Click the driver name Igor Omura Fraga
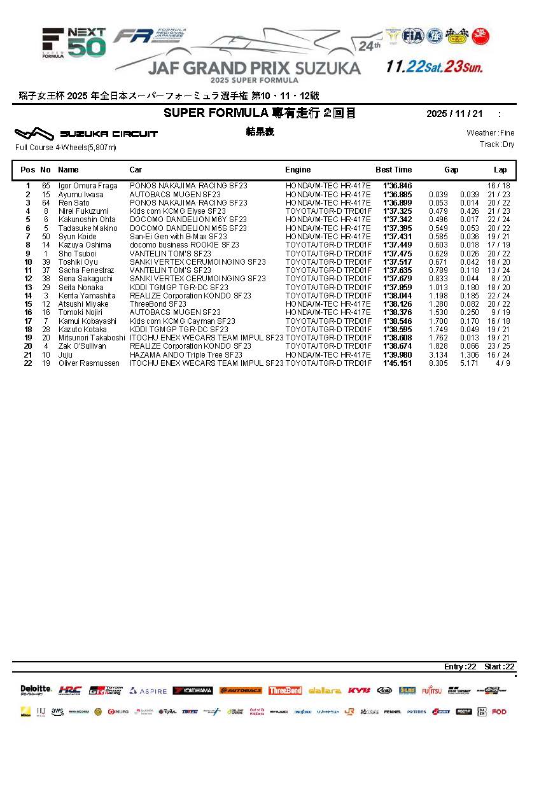click(88, 186)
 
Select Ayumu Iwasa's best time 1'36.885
click(397, 195)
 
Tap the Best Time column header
click(393, 170)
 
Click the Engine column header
click(298, 170)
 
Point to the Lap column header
click(500, 170)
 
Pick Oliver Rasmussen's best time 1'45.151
click(397, 363)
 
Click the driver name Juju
click(65, 355)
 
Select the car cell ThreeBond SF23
click(158, 304)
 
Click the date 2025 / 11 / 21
click(454, 114)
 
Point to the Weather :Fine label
click(490, 133)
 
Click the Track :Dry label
click(497, 144)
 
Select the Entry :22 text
click(460, 667)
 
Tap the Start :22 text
click(500, 667)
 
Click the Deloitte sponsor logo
click(36, 689)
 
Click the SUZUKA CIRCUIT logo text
click(109, 134)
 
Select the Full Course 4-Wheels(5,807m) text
click(66, 148)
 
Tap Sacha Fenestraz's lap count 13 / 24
click(498, 270)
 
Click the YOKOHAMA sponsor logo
click(193, 690)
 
